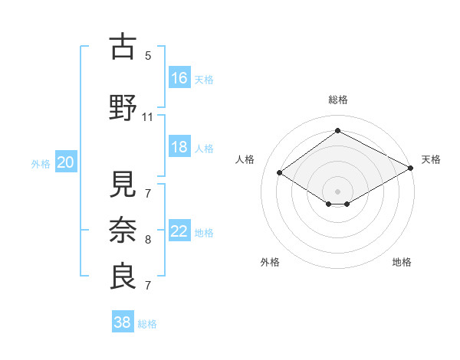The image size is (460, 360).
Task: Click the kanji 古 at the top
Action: [x=123, y=47]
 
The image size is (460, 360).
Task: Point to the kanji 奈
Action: [x=123, y=229]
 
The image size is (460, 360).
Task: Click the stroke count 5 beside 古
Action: [x=148, y=55]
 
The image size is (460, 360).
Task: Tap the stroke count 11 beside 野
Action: [x=148, y=117]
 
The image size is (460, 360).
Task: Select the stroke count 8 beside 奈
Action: [x=148, y=240]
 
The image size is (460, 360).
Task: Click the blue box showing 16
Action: [x=179, y=77]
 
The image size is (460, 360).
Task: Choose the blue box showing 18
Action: [x=179, y=147]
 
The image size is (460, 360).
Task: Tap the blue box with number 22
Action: [x=179, y=231]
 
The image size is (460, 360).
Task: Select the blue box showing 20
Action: [x=66, y=162]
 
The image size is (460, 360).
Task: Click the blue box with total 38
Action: [x=122, y=322]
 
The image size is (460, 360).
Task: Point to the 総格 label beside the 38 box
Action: [x=148, y=324]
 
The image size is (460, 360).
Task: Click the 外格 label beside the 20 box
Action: [x=41, y=163]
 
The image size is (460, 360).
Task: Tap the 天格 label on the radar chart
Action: [x=431, y=159]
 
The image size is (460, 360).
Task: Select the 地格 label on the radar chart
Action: [x=402, y=262]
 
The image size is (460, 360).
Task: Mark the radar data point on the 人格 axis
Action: [x=280, y=172]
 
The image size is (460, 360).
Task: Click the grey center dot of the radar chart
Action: [x=337, y=190]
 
